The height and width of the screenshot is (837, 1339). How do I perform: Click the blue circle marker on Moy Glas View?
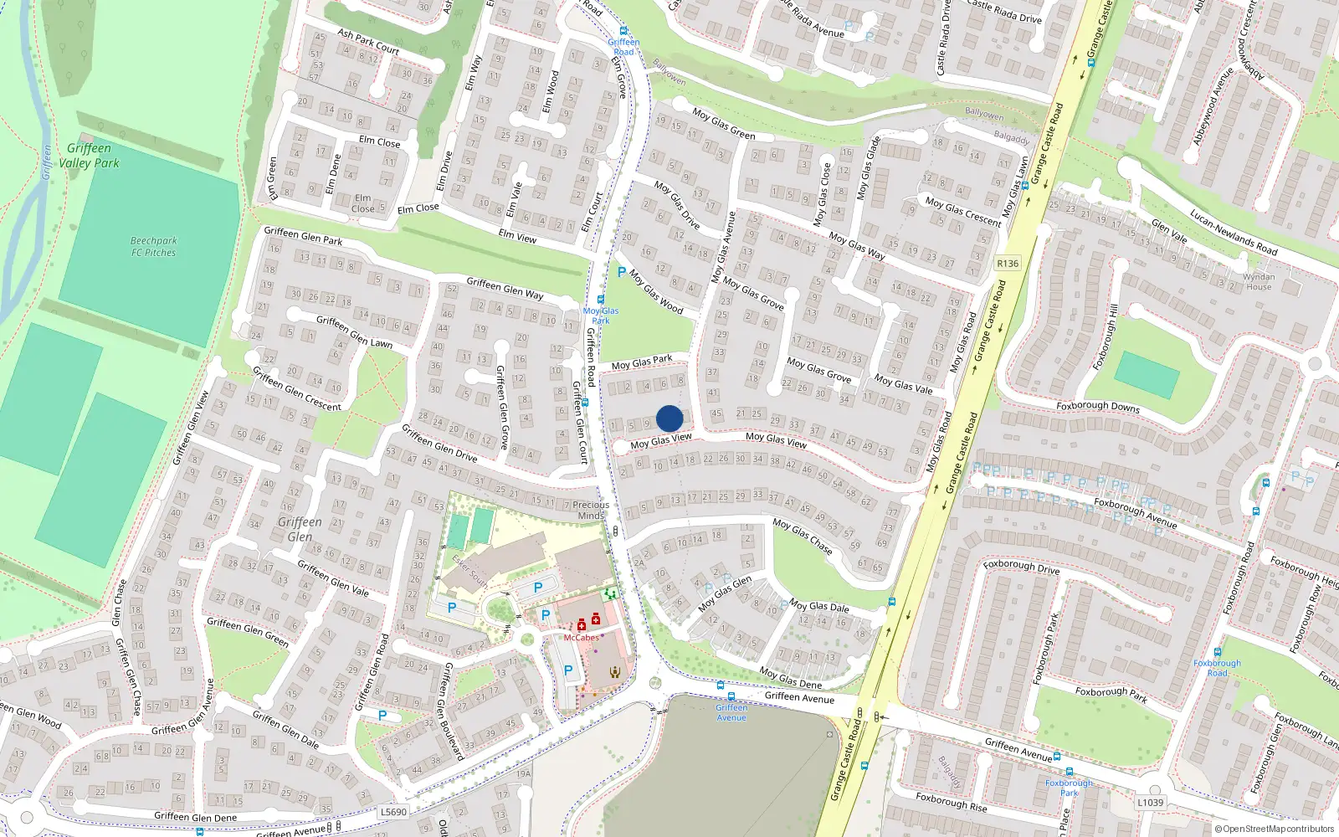click(669, 418)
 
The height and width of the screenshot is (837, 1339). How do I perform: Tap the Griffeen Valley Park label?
click(89, 156)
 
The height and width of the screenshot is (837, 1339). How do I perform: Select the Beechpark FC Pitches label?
click(154, 246)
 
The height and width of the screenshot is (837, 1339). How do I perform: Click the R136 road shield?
click(1008, 264)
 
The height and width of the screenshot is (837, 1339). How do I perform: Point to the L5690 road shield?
click(393, 812)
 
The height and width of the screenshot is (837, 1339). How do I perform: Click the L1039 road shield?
click(1150, 803)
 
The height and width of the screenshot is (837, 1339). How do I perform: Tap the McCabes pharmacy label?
click(581, 638)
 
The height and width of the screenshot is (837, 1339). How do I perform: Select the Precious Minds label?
click(591, 511)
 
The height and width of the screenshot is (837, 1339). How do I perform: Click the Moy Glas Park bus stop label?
click(601, 316)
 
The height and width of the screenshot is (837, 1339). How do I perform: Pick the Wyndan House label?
click(1259, 281)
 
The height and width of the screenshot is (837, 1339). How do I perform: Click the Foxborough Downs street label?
click(1098, 406)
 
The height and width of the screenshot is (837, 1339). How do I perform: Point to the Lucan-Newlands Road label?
click(1234, 232)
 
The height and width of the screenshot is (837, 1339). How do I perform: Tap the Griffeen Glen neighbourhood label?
click(300, 529)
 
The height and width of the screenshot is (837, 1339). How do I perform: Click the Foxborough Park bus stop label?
click(1069, 788)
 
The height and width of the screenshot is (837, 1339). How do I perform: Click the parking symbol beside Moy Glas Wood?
click(621, 272)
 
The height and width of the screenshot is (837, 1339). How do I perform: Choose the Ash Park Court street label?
click(368, 42)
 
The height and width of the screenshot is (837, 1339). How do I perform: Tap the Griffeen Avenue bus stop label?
click(731, 712)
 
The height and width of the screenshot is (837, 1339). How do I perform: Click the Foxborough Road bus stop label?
click(1218, 668)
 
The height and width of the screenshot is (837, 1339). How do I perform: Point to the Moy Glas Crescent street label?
click(963, 211)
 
